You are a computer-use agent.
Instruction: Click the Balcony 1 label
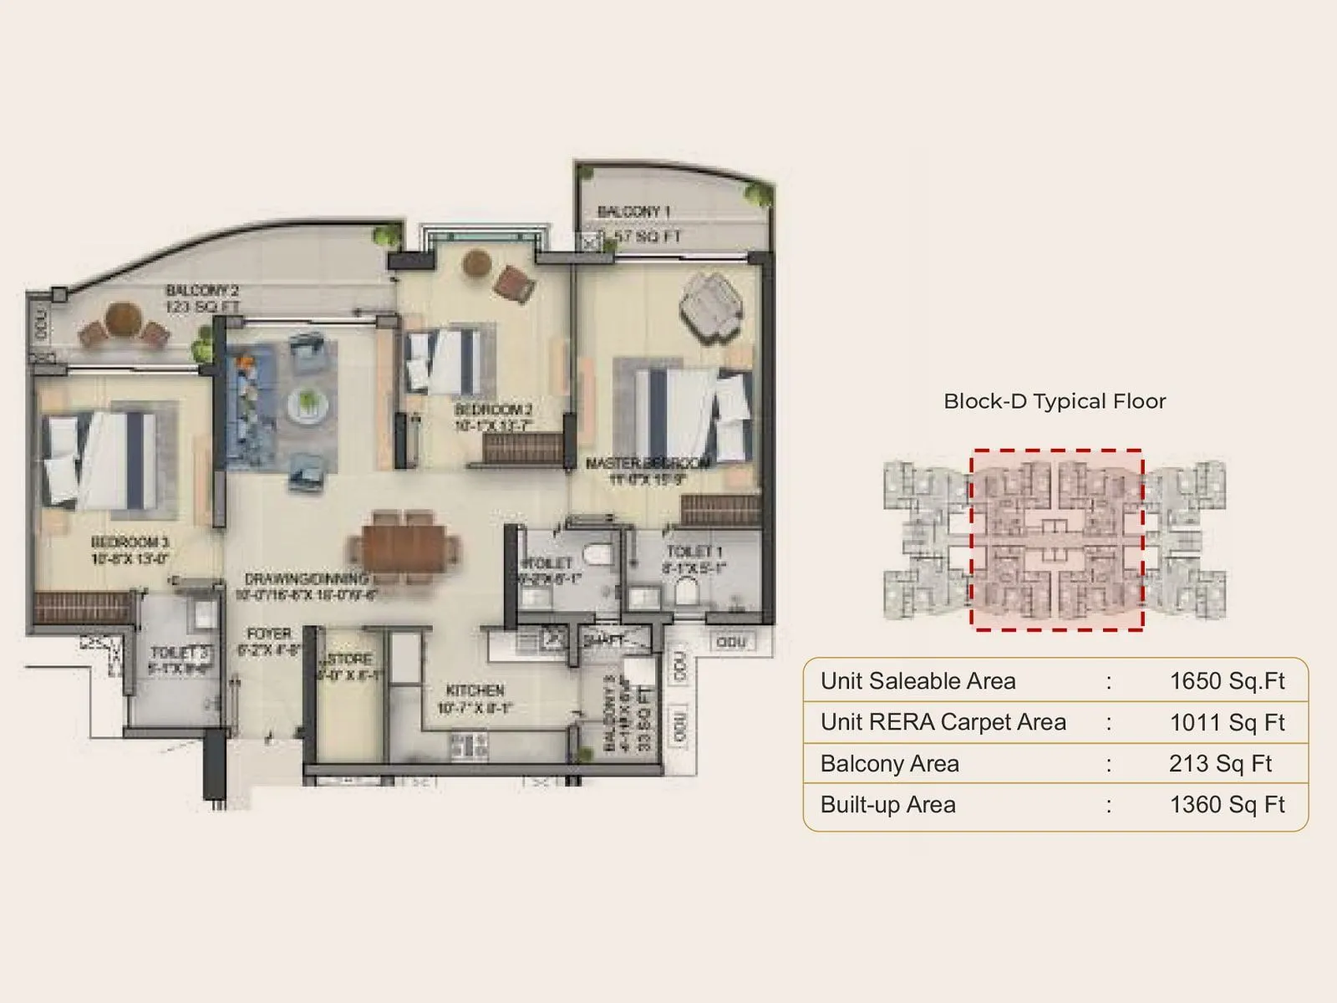(634, 212)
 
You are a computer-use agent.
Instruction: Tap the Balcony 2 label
(202, 291)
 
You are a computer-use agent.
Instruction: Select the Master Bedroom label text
(648, 463)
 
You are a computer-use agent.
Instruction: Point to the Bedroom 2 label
(493, 410)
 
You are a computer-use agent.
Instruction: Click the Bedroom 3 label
(130, 542)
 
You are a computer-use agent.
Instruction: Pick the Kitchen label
(475, 690)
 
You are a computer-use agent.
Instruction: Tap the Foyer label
(269, 634)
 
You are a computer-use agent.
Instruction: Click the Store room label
(349, 659)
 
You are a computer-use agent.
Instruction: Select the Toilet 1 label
(694, 552)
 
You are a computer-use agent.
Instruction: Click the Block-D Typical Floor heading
(1055, 401)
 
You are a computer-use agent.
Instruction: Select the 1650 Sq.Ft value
(1227, 681)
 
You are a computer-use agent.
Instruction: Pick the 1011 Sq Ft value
(1227, 722)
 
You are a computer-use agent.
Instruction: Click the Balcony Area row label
(890, 764)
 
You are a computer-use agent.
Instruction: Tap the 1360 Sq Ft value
(1227, 805)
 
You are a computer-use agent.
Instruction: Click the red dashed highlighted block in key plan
(1056, 539)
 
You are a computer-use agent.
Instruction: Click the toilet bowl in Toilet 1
(687, 592)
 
